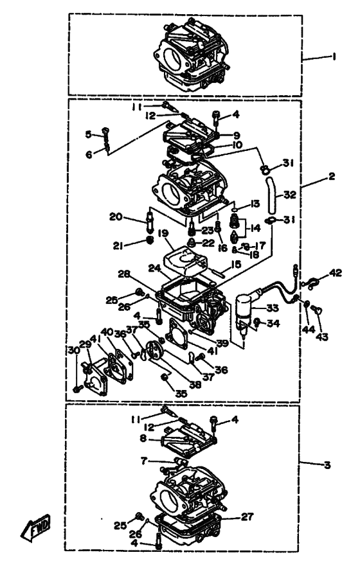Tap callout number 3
point(327,464)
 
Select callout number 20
point(134,217)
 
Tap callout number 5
point(89,134)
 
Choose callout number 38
point(194,385)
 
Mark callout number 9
point(237,136)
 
